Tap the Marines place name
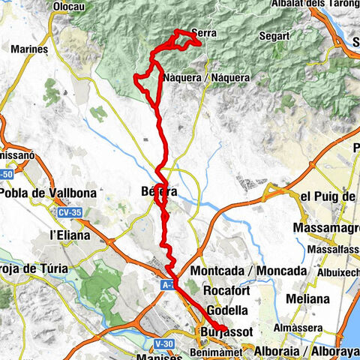[30, 49]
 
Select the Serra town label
[204, 33]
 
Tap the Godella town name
[221, 310]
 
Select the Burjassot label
[223, 331]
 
